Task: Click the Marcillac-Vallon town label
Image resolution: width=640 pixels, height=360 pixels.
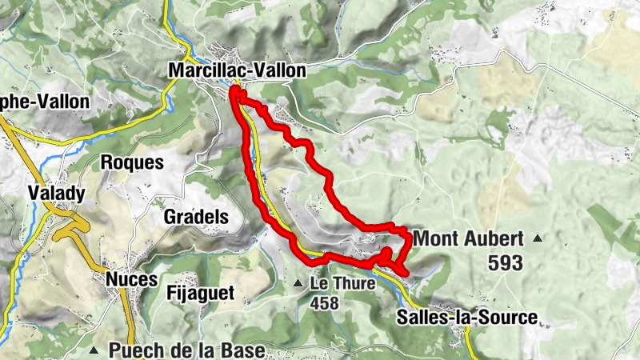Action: (x=237, y=70)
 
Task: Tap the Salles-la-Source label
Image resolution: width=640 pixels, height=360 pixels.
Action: (x=466, y=318)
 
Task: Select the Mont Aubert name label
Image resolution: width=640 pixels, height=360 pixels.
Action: (x=468, y=238)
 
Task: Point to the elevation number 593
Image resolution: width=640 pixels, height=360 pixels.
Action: (x=504, y=262)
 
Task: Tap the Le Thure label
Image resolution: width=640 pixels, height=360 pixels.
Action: (x=332, y=284)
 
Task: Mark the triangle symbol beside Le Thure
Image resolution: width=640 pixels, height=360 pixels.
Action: (x=298, y=284)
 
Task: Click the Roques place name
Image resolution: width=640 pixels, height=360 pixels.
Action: (x=132, y=162)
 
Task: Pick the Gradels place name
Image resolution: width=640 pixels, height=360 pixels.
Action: (x=196, y=216)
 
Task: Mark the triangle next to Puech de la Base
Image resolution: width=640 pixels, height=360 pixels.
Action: (x=94, y=350)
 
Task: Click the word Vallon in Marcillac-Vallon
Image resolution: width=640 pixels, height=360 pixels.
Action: (x=278, y=70)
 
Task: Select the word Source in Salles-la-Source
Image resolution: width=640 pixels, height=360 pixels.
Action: (x=508, y=318)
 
